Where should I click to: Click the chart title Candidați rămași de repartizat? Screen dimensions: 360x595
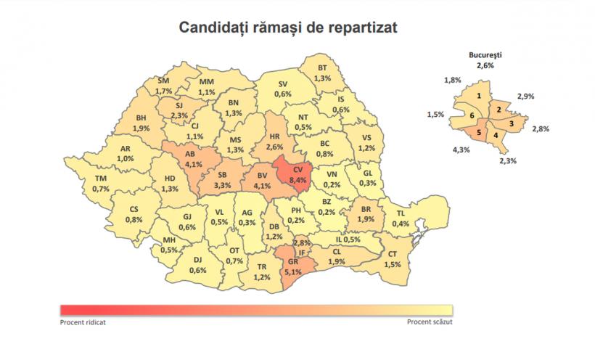tap(288, 28)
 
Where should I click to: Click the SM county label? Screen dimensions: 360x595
tap(164, 81)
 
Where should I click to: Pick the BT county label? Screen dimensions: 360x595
tap(323, 69)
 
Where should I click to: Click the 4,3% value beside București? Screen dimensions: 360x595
tap(462, 150)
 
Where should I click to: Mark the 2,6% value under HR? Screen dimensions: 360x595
tap(274, 147)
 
